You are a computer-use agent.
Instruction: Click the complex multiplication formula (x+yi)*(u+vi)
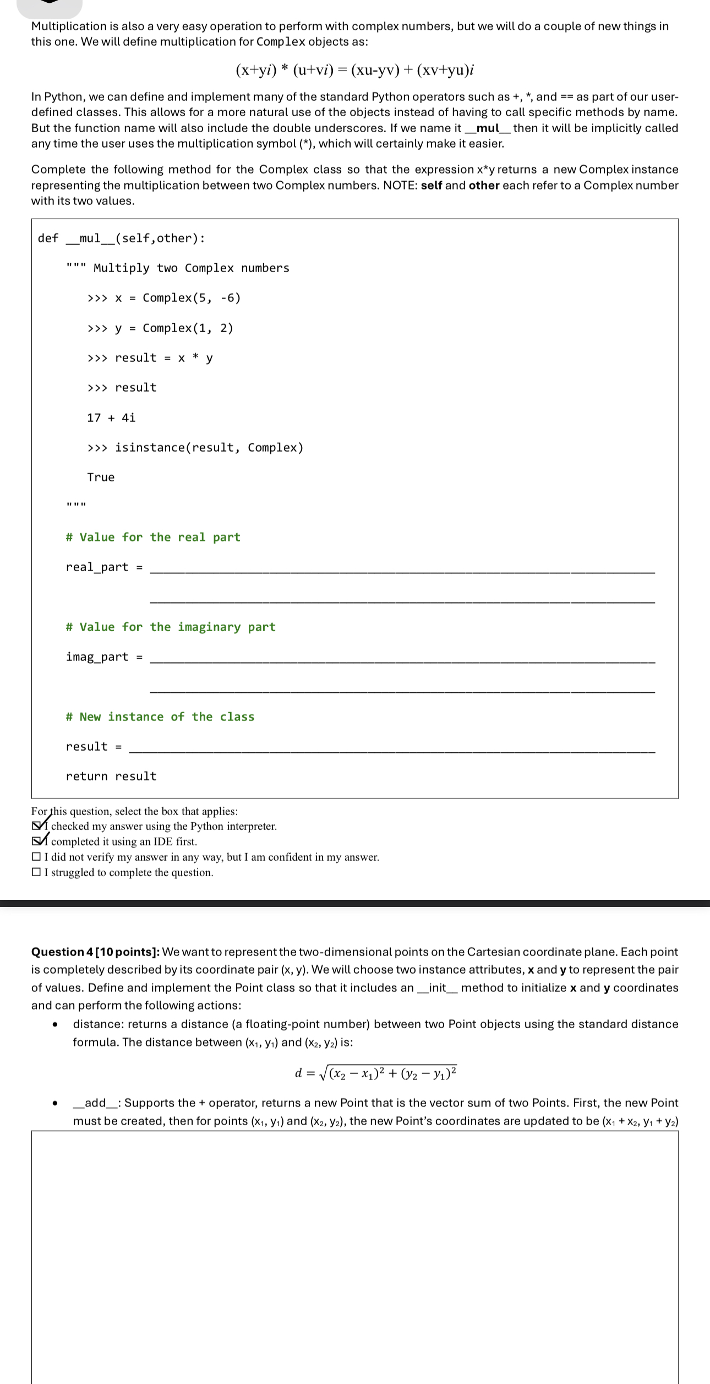(354, 70)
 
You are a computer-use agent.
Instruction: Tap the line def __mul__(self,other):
(121, 238)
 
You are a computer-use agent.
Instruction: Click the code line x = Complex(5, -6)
(164, 298)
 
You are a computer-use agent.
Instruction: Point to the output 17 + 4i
(111, 417)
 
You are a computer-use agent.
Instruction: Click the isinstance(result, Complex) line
(195, 447)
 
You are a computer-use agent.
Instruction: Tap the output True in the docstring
(101, 477)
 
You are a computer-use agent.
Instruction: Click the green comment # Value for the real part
(153, 537)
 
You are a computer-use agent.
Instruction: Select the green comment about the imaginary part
(171, 627)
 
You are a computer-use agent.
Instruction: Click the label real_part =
(104, 567)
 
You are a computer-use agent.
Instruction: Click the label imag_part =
(104, 656)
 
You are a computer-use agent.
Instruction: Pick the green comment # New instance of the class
(160, 717)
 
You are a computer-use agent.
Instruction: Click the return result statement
(111, 776)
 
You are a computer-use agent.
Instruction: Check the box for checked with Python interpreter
(36, 826)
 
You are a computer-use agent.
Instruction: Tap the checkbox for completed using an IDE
(36, 842)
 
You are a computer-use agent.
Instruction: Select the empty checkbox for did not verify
(36, 857)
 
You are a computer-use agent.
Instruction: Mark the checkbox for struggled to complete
(36, 872)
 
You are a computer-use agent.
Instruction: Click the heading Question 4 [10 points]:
(95, 952)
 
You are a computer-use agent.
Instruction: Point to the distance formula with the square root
(376, 1073)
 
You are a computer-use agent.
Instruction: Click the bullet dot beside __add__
(54, 1104)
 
